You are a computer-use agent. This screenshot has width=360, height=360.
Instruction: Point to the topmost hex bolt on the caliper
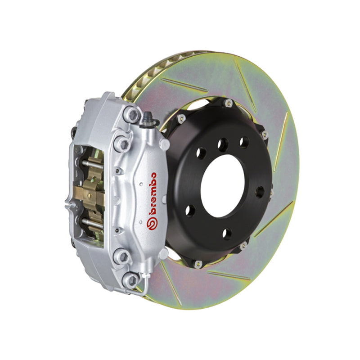pos(131,114)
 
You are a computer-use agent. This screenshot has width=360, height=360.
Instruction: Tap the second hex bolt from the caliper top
pos(122,143)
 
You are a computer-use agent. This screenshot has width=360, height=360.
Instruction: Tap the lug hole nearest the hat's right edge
pos(260,192)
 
